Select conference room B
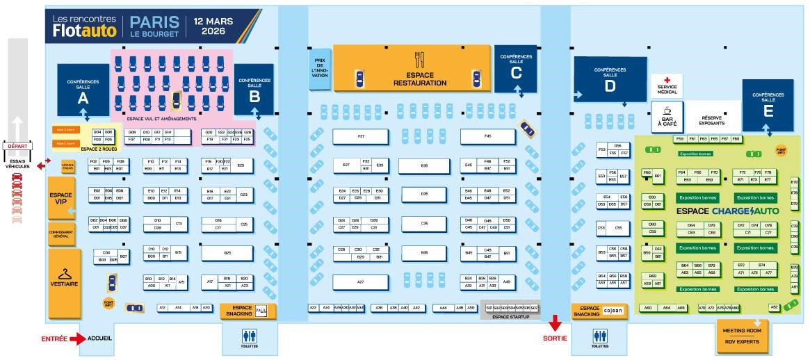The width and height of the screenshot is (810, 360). (254, 90)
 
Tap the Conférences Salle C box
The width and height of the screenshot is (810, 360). (515, 68)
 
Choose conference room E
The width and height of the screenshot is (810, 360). (768, 104)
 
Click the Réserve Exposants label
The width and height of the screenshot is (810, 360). (712, 120)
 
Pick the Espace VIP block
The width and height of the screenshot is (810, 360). (60, 197)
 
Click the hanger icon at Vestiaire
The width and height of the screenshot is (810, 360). (65, 273)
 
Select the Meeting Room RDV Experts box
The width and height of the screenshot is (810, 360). (743, 336)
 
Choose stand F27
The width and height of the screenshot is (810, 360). (360, 136)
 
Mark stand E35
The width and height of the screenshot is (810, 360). (424, 165)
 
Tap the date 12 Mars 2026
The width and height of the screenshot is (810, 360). (214, 26)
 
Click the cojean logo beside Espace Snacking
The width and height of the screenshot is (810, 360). (612, 311)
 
